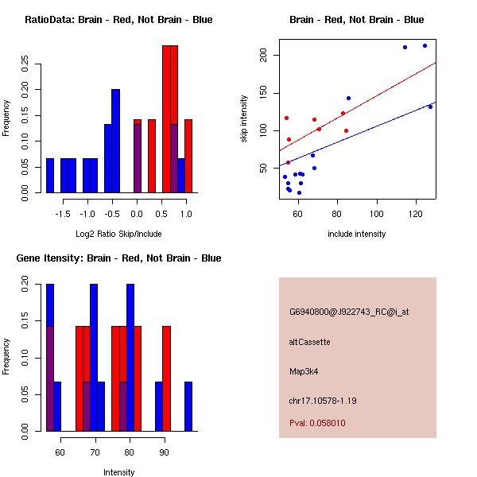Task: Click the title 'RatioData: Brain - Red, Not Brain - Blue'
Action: [x=118, y=20]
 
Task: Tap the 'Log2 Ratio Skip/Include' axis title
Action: [x=118, y=234]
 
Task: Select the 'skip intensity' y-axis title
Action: [x=244, y=119]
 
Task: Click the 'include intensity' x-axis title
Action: [x=356, y=234]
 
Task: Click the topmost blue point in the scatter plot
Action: [x=425, y=45]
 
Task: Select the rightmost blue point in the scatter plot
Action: [x=430, y=107]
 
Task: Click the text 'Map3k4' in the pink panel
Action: [x=304, y=371]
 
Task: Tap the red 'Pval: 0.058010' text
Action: [x=317, y=424]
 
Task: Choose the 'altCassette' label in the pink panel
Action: [x=309, y=342]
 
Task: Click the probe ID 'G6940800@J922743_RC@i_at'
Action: [x=349, y=312]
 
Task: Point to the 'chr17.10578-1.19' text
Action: [x=323, y=401]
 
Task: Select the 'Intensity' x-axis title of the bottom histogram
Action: [x=118, y=472]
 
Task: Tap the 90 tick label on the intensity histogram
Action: [x=165, y=452]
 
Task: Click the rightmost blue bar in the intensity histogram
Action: [x=188, y=406]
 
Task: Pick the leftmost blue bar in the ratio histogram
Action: [x=49, y=175]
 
